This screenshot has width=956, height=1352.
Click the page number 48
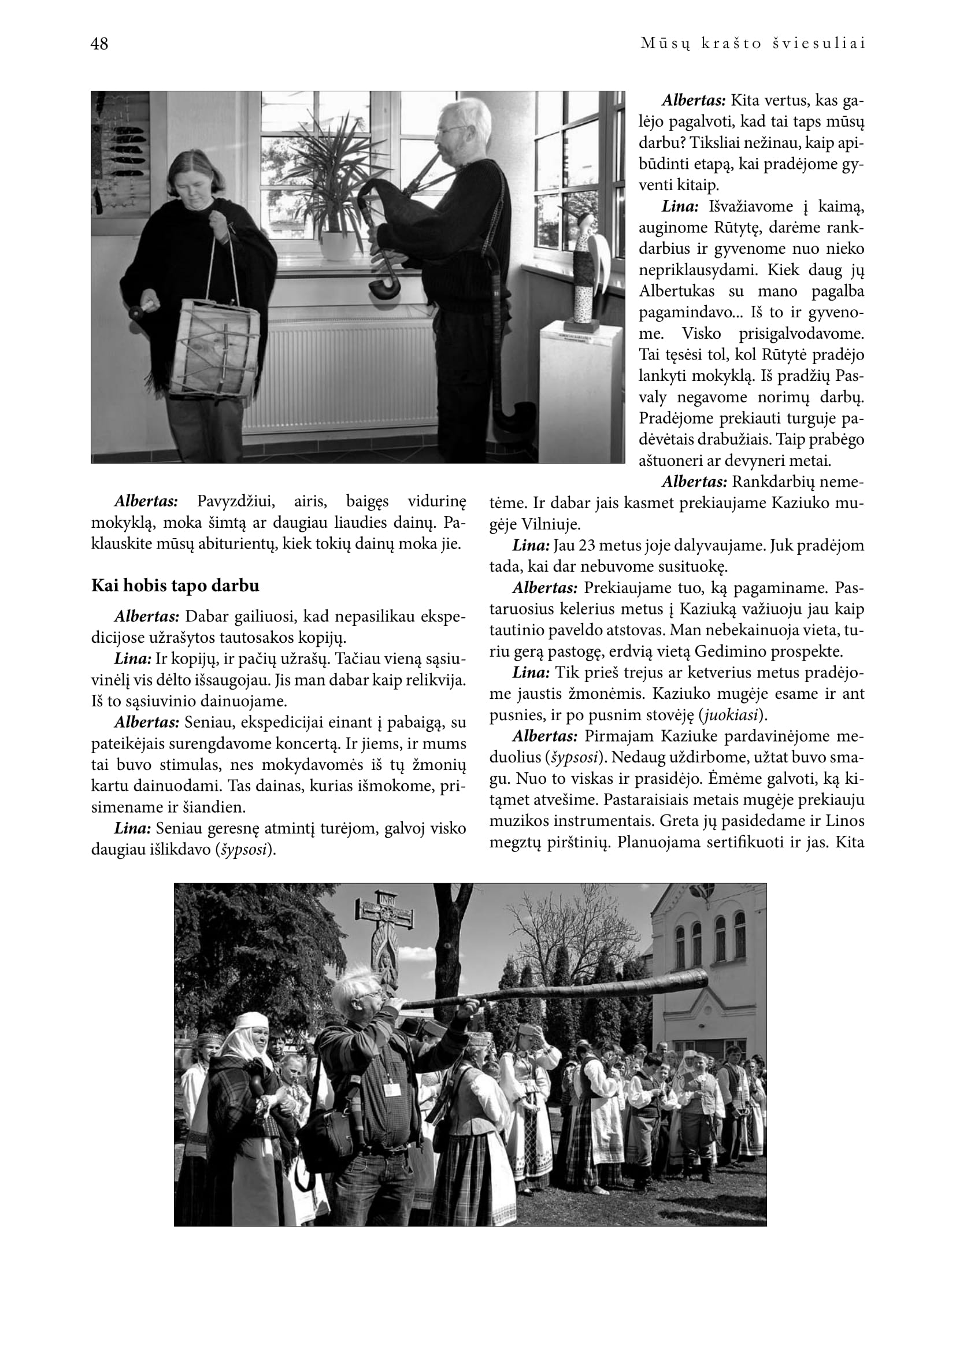99,44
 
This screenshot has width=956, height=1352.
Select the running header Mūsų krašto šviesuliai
753,44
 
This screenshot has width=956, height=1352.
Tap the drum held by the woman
220,347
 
